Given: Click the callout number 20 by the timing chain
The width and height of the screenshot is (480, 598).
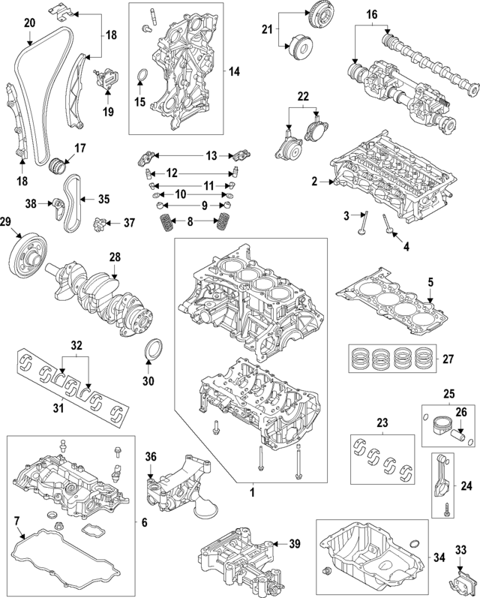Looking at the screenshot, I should point(29,23).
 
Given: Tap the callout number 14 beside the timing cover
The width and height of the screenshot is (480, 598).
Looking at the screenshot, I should point(233,72).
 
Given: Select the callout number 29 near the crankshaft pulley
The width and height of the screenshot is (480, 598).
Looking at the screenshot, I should point(7,221).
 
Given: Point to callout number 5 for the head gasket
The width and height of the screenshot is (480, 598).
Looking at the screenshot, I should point(430,282).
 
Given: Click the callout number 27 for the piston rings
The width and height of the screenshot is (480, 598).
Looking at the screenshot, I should point(448,358).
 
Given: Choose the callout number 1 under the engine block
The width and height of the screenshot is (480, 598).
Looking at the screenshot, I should point(253,493).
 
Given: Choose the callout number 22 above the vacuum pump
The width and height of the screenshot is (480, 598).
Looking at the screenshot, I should point(302,98).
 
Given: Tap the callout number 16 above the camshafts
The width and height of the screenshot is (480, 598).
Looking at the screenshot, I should point(371,14).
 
